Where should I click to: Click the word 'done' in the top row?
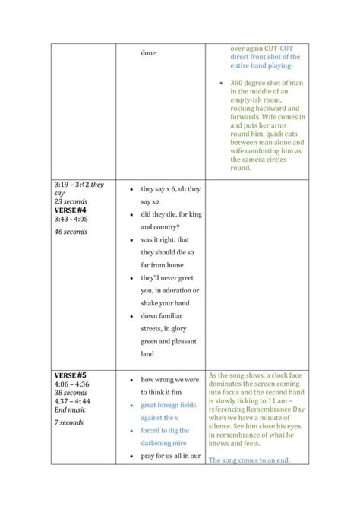[148, 52]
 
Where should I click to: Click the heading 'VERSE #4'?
[71, 210]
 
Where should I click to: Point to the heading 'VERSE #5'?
[71, 375]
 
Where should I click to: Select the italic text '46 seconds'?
[71, 232]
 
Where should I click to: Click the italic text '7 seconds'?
[69, 422]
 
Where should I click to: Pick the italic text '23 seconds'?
[71, 201]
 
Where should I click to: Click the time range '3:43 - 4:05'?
[71, 219]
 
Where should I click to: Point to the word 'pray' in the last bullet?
[149, 456]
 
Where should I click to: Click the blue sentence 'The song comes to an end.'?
[249, 460]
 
